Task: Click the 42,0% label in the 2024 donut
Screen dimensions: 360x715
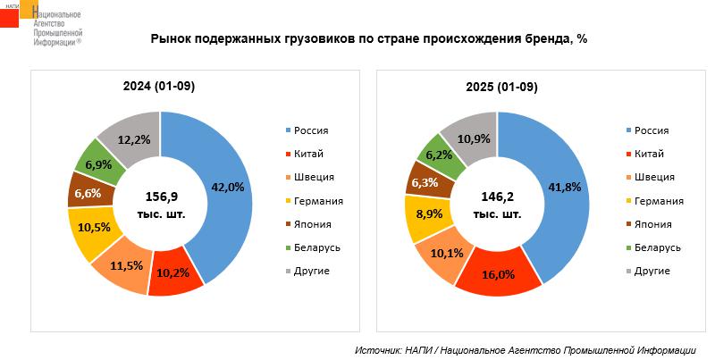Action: (227, 187)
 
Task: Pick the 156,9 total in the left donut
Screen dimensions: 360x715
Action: (161, 197)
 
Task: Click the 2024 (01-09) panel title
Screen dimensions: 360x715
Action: (159, 86)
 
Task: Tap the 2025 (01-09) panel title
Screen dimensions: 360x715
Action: (501, 86)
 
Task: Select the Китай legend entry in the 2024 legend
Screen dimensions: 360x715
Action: (307, 154)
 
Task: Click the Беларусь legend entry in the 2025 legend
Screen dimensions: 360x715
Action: (657, 247)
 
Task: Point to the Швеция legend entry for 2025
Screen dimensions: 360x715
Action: (653, 177)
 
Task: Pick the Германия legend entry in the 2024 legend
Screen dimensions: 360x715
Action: (318, 200)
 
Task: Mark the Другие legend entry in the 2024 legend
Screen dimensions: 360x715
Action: (312, 270)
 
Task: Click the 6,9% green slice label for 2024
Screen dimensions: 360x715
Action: (98, 164)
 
